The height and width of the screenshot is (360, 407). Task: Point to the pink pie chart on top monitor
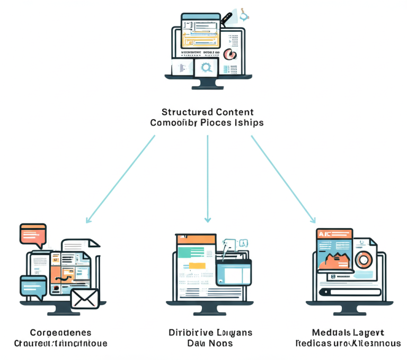[230, 53]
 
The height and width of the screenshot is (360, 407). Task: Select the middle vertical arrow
[208, 177]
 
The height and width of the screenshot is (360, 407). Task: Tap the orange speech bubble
[33, 233]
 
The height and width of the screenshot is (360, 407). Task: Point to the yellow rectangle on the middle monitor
[197, 266]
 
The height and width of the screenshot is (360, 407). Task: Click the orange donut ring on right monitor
[364, 260]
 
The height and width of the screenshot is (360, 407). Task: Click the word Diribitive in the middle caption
[189, 332]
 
